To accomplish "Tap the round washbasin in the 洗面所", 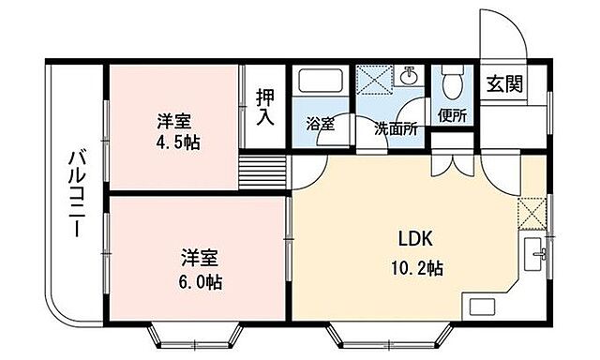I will click(x=410, y=75).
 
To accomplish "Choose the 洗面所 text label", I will click(x=396, y=129).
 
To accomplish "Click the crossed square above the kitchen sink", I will click(x=532, y=211).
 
